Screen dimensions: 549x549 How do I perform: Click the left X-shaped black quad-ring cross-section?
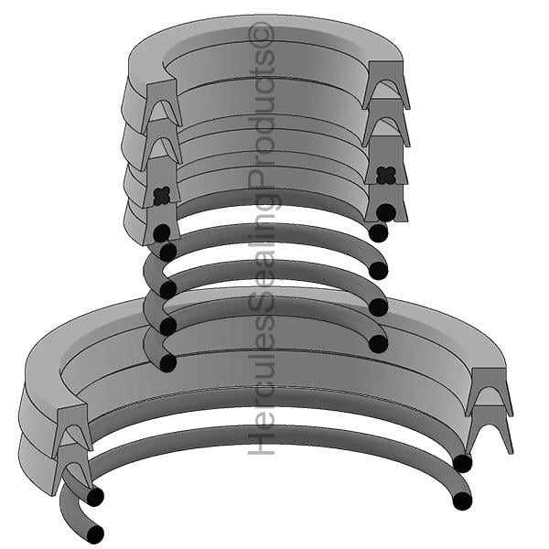162,196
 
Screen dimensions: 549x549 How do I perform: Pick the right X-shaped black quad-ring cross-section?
386,175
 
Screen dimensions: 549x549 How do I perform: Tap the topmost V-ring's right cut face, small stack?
385,84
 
